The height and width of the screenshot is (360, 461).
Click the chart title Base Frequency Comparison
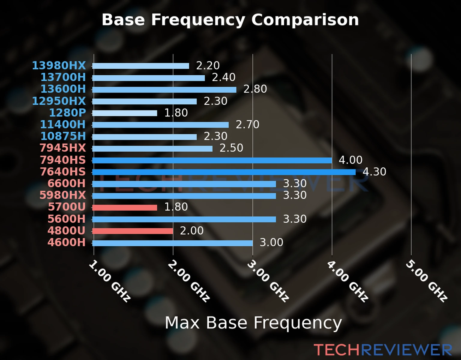coord(230,20)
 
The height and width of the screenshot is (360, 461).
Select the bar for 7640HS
coord(224,172)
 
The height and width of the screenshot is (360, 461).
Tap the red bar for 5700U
coord(125,208)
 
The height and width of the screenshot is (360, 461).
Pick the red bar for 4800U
coord(133,231)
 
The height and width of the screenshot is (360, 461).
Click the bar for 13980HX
coord(140,66)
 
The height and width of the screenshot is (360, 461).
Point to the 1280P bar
coord(125,113)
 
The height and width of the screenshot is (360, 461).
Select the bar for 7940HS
coord(212,160)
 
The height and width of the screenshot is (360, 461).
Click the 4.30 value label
coord(374,172)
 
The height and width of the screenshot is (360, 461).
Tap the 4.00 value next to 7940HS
coord(351,160)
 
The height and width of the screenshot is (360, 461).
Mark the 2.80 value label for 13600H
coord(255,89)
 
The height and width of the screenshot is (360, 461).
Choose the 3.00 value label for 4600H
coord(271,242)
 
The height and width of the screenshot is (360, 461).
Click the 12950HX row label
coord(59,101)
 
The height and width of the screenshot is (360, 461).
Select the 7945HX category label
coord(63,148)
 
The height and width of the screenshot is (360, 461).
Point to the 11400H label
coord(63,124)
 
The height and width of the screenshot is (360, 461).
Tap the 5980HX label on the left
coord(63,195)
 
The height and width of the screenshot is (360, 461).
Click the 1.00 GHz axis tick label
coord(110,281)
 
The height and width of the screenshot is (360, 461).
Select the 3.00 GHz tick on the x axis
coord(268,281)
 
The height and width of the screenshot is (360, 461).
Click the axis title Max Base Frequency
coord(253,323)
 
